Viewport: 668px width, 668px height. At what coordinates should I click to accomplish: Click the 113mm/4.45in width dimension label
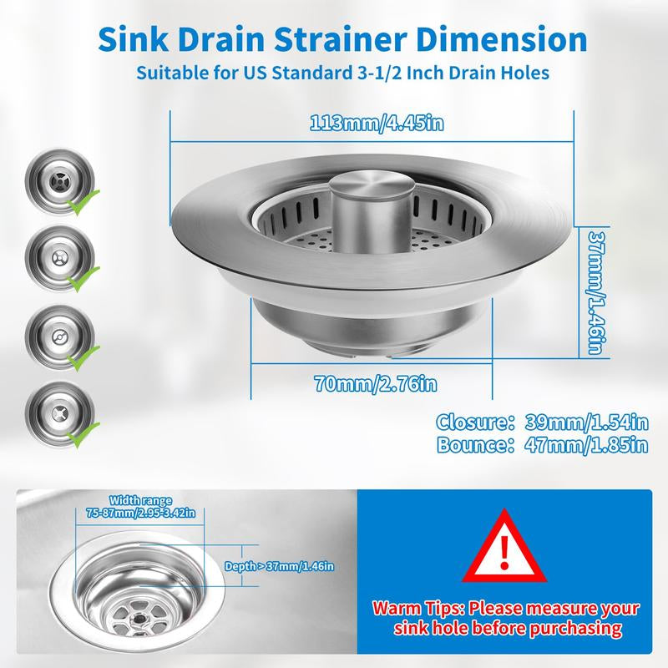[x=372, y=124]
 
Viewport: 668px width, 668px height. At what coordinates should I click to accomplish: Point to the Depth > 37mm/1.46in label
[x=280, y=566]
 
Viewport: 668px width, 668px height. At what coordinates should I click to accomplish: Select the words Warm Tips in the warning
[x=416, y=608]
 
